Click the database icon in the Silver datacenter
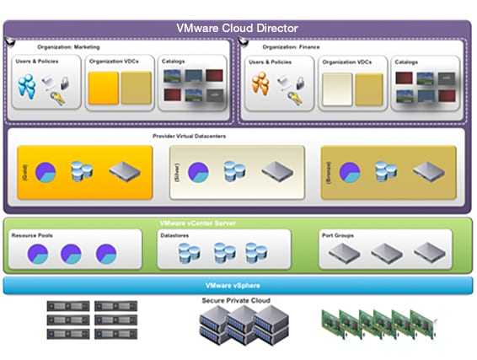pyautogui.click(x=234, y=172)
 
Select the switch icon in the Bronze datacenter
pyautogui.click(x=428, y=172)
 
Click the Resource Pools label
pyautogui.click(x=32, y=235)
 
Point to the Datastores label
pyautogui.click(x=178, y=235)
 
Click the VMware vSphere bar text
pyautogui.click(x=237, y=286)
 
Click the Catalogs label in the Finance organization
pyautogui.click(x=406, y=62)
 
